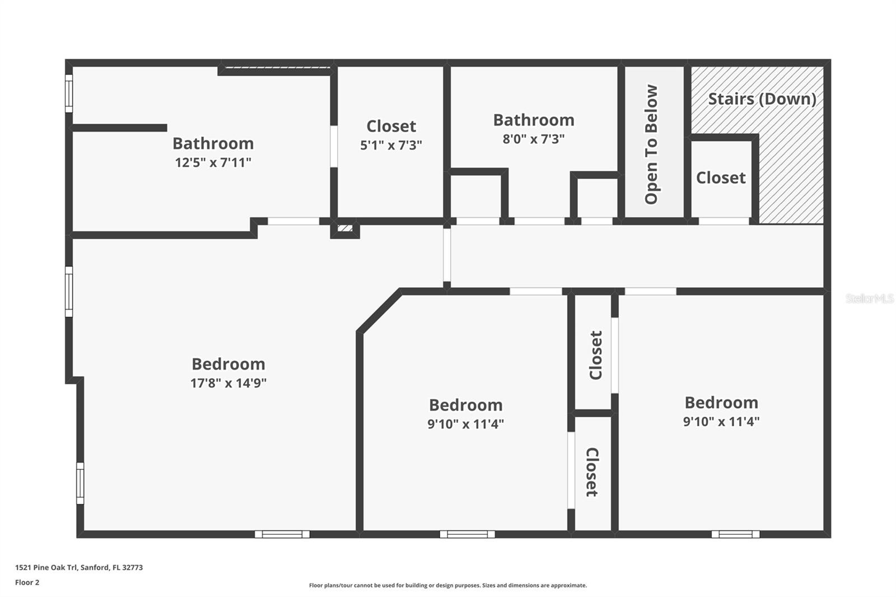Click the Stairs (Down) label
tap(762, 99)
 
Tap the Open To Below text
tap(651, 144)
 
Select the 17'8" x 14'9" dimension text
tap(228, 383)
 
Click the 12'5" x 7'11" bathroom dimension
tap(213, 163)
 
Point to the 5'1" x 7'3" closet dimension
tap(391, 146)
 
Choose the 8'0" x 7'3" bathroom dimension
tap(533, 139)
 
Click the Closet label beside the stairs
tap(721, 178)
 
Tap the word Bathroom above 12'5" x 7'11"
tap(213, 143)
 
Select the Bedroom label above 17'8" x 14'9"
tap(228, 364)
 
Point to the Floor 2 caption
tap(27, 582)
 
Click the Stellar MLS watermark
tap(869, 298)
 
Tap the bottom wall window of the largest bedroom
tap(282, 534)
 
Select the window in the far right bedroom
tap(735, 534)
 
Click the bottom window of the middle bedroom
tap(467, 534)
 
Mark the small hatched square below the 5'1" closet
tap(345, 228)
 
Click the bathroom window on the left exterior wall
tap(69, 94)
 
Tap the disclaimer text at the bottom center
tap(448, 585)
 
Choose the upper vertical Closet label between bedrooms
tap(596, 355)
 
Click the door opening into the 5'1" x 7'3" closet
tap(334, 146)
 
